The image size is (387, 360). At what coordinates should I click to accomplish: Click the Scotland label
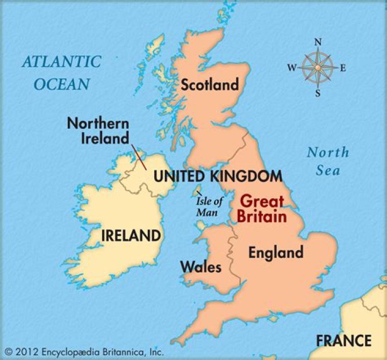tap(210, 85)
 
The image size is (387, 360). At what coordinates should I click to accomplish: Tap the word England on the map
tap(275, 252)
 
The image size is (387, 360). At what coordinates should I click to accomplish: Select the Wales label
tap(200, 267)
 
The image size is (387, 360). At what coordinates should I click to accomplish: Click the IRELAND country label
tap(131, 235)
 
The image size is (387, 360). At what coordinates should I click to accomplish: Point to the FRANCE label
tap(343, 340)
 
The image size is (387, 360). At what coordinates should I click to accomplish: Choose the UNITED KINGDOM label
tap(218, 176)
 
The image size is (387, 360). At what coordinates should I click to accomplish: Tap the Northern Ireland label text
tap(98, 131)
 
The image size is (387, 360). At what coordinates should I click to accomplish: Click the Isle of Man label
tap(208, 207)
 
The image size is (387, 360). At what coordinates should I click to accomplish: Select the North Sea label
tap(328, 161)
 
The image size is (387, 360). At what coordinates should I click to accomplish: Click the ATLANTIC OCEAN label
tap(61, 72)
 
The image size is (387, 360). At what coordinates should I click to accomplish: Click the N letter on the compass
tap(318, 42)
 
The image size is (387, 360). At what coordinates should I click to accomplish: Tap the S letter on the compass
tap(318, 93)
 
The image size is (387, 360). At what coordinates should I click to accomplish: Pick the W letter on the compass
tap(292, 68)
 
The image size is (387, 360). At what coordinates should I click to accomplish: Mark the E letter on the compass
tap(343, 68)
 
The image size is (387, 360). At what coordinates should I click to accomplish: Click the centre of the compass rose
tap(318, 68)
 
